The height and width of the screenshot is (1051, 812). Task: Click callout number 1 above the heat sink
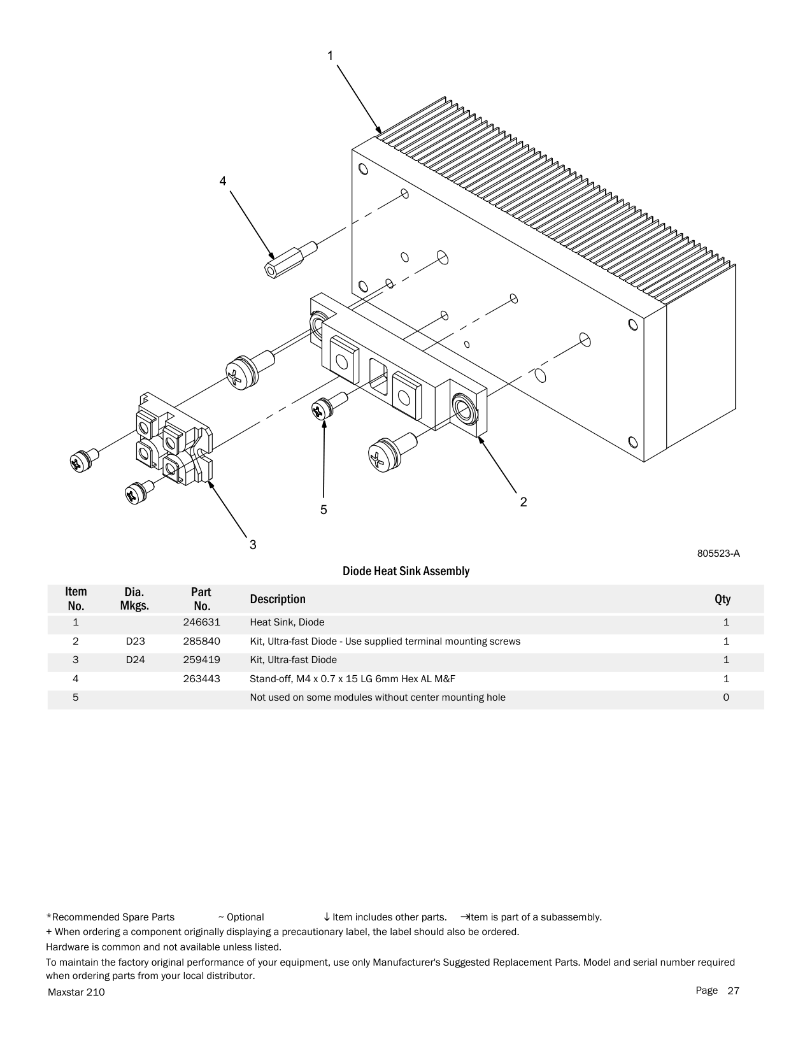pyautogui.click(x=331, y=56)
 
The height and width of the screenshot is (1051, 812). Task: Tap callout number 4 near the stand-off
pyautogui.click(x=222, y=182)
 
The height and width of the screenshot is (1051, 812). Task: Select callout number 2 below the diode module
pyautogui.click(x=524, y=503)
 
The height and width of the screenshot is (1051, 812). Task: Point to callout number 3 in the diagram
pyautogui.click(x=253, y=545)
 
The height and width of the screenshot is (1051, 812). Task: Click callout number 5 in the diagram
pyautogui.click(x=324, y=510)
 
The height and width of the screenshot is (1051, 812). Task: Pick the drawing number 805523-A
pyautogui.click(x=718, y=554)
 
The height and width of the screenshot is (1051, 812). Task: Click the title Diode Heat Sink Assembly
pyautogui.click(x=406, y=571)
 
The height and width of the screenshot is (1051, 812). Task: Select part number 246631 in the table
pyautogui.click(x=201, y=622)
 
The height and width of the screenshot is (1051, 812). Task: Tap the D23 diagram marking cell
pyautogui.click(x=135, y=641)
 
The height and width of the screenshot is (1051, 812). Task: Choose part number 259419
pyautogui.click(x=201, y=660)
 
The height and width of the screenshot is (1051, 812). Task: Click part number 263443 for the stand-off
pyautogui.click(x=201, y=679)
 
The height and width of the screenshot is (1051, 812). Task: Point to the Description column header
pyautogui.click(x=278, y=599)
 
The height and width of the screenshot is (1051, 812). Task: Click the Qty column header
pyautogui.click(x=722, y=599)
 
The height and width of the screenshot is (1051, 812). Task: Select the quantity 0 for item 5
pyautogui.click(x=726, y=697)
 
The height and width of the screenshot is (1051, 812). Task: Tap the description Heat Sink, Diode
pyautogui.click(x=287, y=622)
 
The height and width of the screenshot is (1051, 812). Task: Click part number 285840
pyautogui.click(x=201, y=641)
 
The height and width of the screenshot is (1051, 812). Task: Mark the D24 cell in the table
pyautogui.click(x=135, y=660)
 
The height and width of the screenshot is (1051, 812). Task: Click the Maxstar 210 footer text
pyautogui.click(x=76, y=992)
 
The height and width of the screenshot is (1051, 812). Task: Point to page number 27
pyautogui.click(x=734, y=990)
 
